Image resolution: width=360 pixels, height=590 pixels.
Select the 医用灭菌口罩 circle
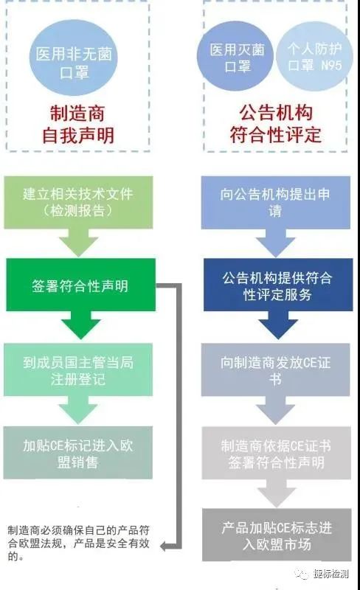tap(236, 58)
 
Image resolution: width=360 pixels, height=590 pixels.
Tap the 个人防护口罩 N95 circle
tap(315, 58)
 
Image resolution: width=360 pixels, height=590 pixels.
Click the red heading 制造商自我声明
tap(78, 124)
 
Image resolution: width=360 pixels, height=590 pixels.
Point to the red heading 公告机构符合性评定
tap(276, 124)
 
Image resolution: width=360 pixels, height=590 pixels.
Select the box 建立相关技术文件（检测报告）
tap(78, 202)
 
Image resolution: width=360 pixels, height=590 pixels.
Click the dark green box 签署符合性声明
tap(80, 285)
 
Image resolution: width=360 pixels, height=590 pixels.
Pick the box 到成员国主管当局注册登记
tap(78, 369)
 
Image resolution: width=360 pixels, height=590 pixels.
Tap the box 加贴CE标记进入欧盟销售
tap(78, 453)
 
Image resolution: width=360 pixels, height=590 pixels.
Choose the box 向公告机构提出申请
tap(276, 202)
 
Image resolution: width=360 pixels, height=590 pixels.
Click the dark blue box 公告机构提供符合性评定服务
tap(278, 285)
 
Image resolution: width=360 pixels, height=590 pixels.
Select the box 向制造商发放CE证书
tap(276, 369)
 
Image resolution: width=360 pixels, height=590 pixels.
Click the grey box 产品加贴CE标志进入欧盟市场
tap(277, 535)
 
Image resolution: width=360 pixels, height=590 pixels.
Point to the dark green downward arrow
tap(80, 325)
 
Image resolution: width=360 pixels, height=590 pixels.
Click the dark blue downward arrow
tap(278, 325)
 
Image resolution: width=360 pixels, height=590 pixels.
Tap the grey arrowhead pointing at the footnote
tap(164, 546)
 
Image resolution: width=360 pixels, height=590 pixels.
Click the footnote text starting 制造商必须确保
tap(78, 544)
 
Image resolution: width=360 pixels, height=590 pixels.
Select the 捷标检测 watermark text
tap(330, 574)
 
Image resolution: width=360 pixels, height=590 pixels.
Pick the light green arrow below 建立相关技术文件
tap(79, 243)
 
